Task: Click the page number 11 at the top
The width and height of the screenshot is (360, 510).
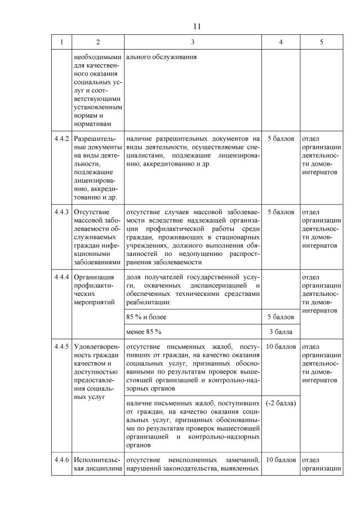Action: tap(197, 26)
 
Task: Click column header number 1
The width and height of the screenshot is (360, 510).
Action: tap(61, 42)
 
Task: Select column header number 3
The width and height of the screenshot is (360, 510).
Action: tap(193, 42)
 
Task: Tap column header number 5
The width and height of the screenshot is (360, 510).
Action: tap(321, 42)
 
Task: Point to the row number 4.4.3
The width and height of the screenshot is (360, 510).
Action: tap(61, 212)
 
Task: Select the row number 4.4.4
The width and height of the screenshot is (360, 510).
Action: tap(61, 277)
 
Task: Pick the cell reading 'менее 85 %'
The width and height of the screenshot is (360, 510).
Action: tap(144, 331)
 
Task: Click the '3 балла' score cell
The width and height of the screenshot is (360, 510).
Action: tap(280, 331)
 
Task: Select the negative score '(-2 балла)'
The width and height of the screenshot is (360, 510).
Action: tap(280, 403)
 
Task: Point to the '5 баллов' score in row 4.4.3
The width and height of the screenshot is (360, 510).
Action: tap(280, 212)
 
